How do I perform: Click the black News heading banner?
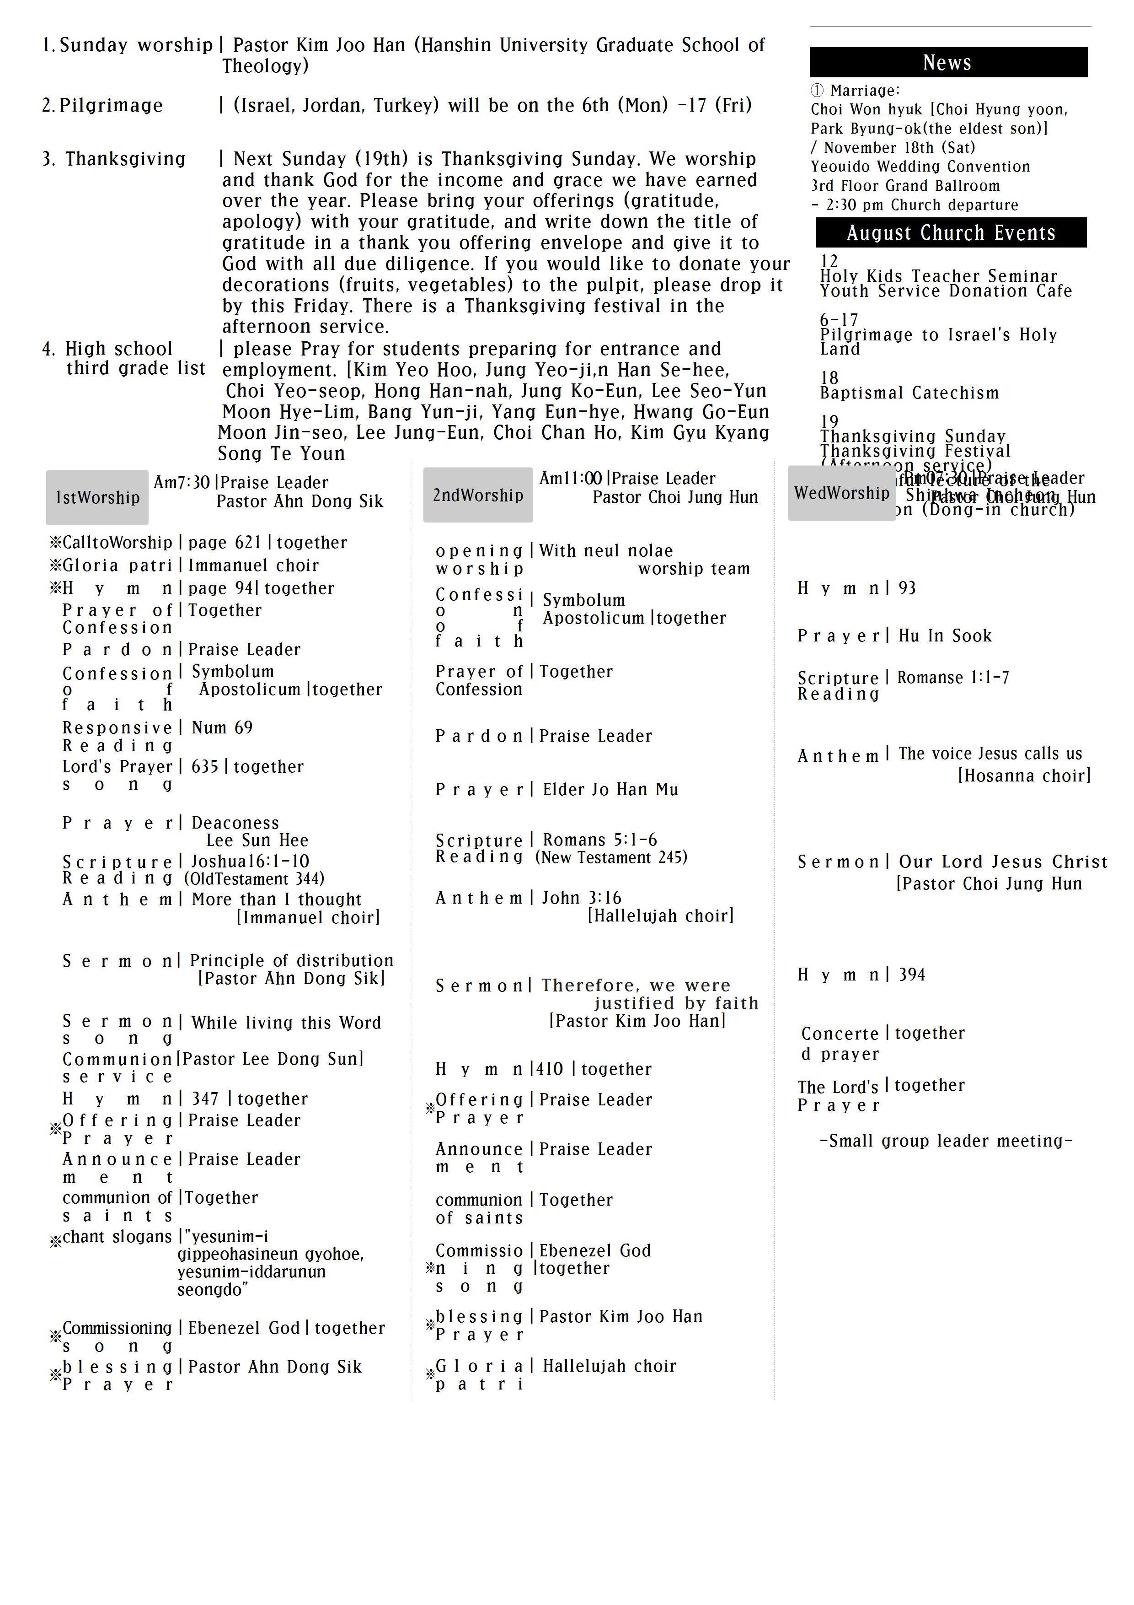pyautogui.click(x=948, y=62)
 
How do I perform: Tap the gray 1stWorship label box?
pyautogui.click(x=97, y=498)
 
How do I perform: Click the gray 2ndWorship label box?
pyautogui.click(x=478, y=495)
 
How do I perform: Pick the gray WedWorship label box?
pyautogui.click(x=841, y=493)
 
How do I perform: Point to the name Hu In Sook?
pyautogui.click(x=945, y=636)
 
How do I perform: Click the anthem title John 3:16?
pyautogui.click(x=581, y=898)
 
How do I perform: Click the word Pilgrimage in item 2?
pyautogui.click(x=111, y=106)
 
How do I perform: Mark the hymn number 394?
pyautogui.click(x=912, y=975)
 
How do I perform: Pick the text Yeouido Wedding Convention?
pyautogui.click(x=920, y=167)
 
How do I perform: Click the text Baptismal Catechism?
pyautogui.click(x=909, y=393)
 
